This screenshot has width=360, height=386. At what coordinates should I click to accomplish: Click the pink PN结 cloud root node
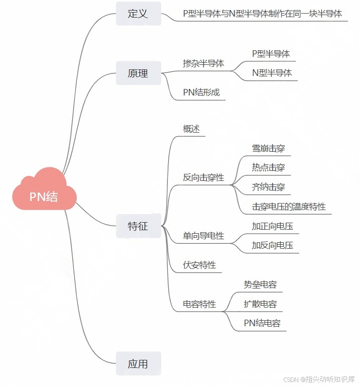pos(44,196)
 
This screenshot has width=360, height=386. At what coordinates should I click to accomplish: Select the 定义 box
pos(138,14)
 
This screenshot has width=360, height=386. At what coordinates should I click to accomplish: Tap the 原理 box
pos(138,73)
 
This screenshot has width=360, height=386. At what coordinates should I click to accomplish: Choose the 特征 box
pos(138,226)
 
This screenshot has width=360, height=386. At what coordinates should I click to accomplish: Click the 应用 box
pos(138,364)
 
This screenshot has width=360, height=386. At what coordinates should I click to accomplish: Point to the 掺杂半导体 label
pos(203,64)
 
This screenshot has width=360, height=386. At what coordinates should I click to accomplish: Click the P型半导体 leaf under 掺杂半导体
pos(271,53)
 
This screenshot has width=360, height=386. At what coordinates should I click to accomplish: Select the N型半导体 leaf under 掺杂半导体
pos(272,73)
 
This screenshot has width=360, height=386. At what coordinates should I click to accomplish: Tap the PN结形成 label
pos(201,92)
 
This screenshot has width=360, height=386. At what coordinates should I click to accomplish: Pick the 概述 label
pos(191,129)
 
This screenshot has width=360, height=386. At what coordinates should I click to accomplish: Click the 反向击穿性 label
pos(203,177)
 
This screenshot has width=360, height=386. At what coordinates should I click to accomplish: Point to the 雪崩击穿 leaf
pos(268,148)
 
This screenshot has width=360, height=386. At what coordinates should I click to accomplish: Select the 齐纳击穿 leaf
pos(268,187)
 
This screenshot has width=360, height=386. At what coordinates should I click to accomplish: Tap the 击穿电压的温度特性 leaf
pos(289,207)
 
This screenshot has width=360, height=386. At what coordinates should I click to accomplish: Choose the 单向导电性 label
pos(203,236)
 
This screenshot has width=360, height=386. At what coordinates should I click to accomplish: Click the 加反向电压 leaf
pos(272,246)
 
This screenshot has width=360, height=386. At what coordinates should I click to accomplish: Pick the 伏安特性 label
pos(199,265)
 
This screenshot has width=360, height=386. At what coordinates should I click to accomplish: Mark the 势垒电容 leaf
pos(260,284)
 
